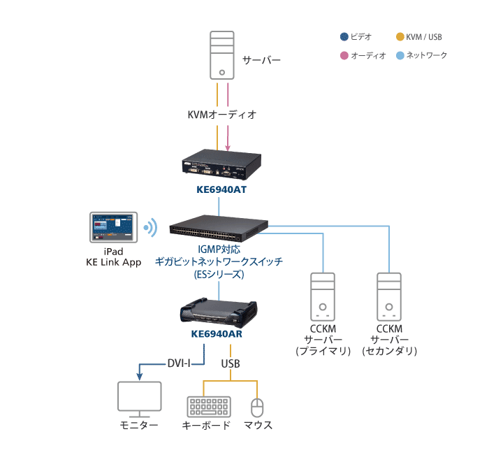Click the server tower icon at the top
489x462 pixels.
[221, 55]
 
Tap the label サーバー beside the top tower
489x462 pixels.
[261, 60]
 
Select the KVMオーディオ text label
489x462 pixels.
[222, 114]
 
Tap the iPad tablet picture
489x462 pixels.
[114, 226]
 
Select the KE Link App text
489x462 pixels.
[113, 262]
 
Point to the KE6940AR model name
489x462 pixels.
[219, 334]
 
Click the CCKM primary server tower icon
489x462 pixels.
[323, 296]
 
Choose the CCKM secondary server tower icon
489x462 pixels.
[390, 296]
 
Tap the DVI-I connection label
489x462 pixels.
[179, 363]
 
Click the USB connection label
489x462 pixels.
[231, 363]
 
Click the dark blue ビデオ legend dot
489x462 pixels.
[343, 37]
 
